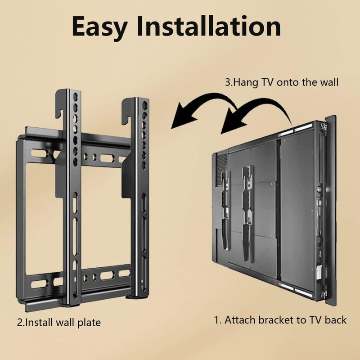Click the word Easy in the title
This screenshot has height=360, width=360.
[99, 27]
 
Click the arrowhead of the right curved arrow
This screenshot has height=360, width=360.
[232, 121]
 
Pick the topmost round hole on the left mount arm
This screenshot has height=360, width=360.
[75, 97]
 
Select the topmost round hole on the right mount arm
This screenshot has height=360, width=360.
[144, 105]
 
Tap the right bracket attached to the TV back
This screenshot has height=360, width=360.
[248, 213]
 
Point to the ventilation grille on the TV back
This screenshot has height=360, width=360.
[222, 169]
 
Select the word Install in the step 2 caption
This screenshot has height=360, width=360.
[40, 322]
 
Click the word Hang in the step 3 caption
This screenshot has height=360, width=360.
[245, 83]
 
